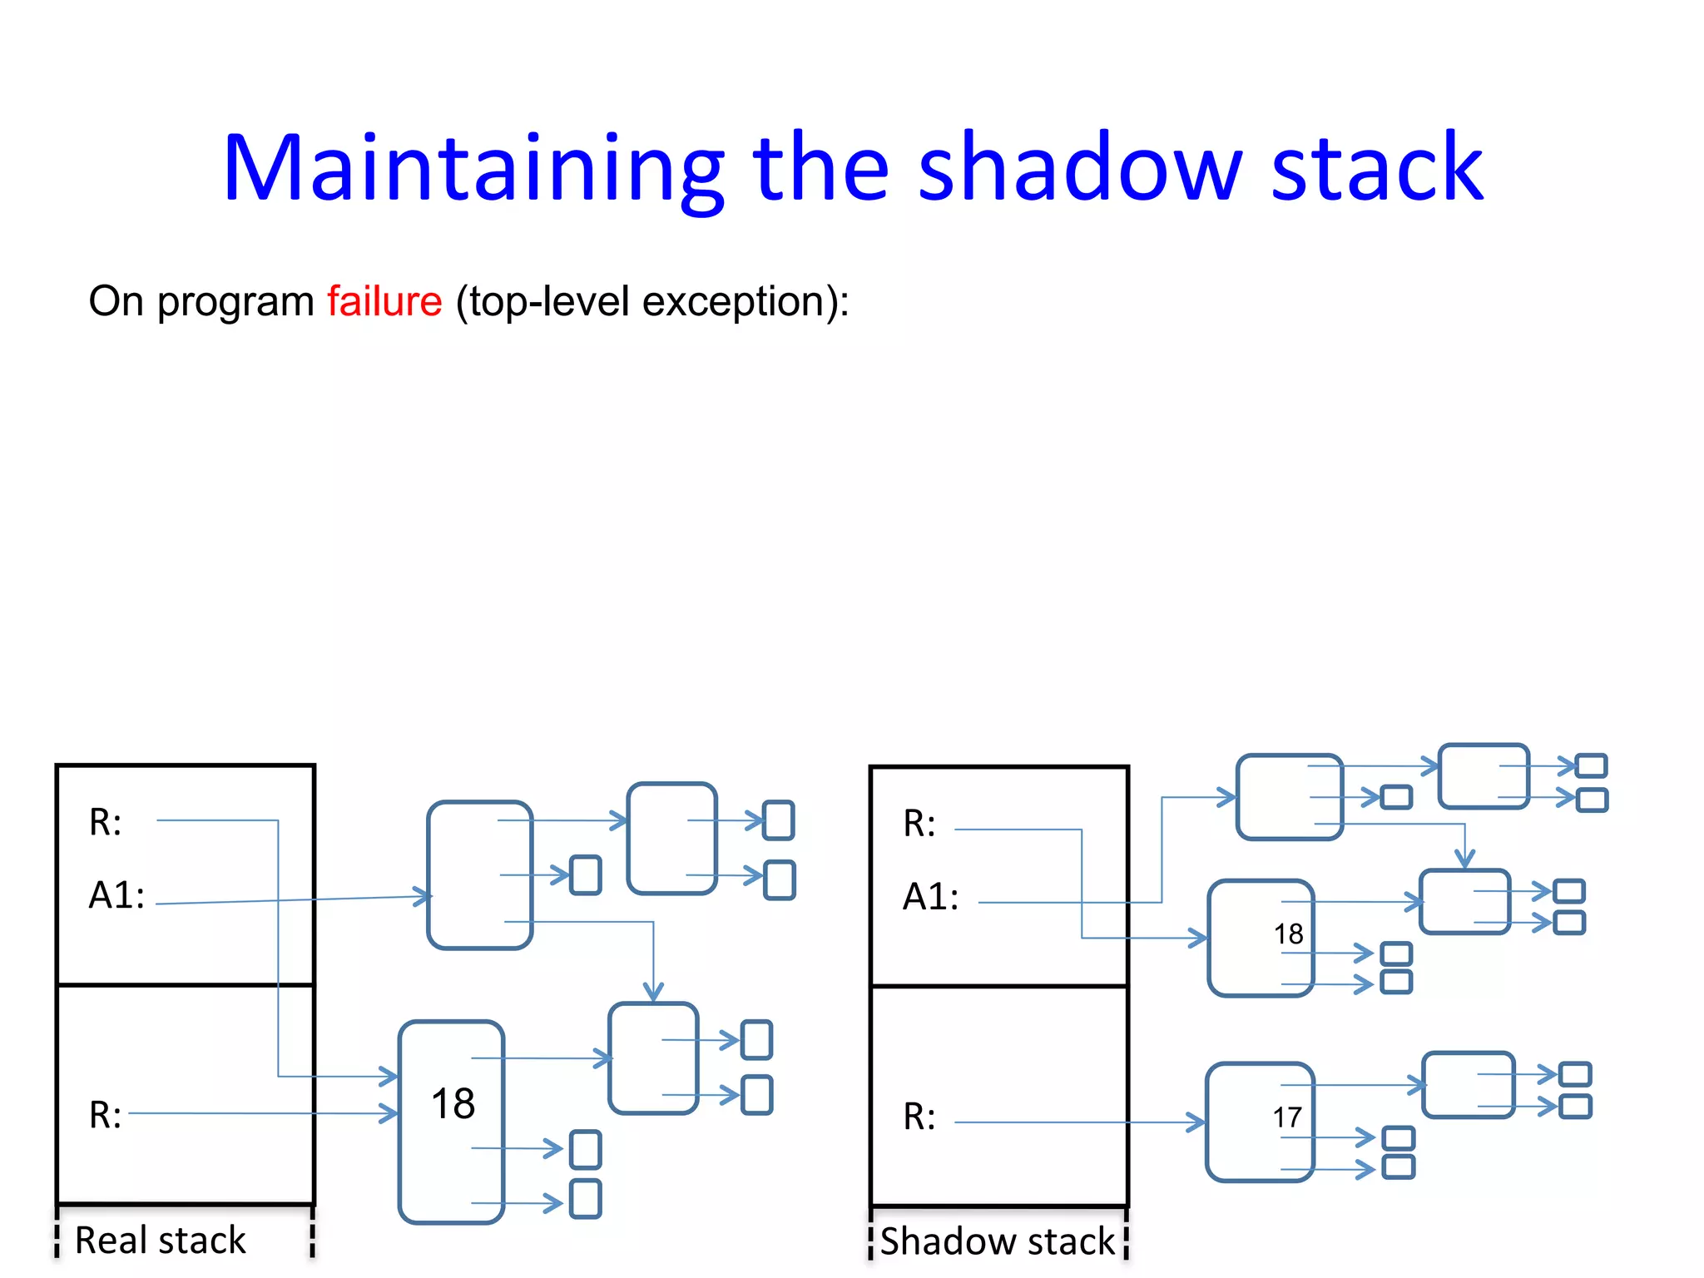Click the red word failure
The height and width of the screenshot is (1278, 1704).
384,301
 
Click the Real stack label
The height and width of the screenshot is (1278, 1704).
160,1240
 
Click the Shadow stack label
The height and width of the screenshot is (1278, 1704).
997,1241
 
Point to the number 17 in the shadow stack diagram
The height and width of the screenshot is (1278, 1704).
1286,1117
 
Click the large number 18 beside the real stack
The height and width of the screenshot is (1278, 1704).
453,1103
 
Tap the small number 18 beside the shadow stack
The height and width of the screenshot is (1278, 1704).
1288,934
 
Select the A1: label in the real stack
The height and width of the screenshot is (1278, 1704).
116,895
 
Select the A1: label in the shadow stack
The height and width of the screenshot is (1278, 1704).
930,897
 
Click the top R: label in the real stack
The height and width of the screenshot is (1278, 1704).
106,822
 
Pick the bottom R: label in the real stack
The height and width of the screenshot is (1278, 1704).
106,1115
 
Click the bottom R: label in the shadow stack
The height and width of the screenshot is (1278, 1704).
919,1117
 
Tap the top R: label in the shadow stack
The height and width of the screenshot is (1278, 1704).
919,824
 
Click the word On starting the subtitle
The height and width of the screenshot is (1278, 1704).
116,301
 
